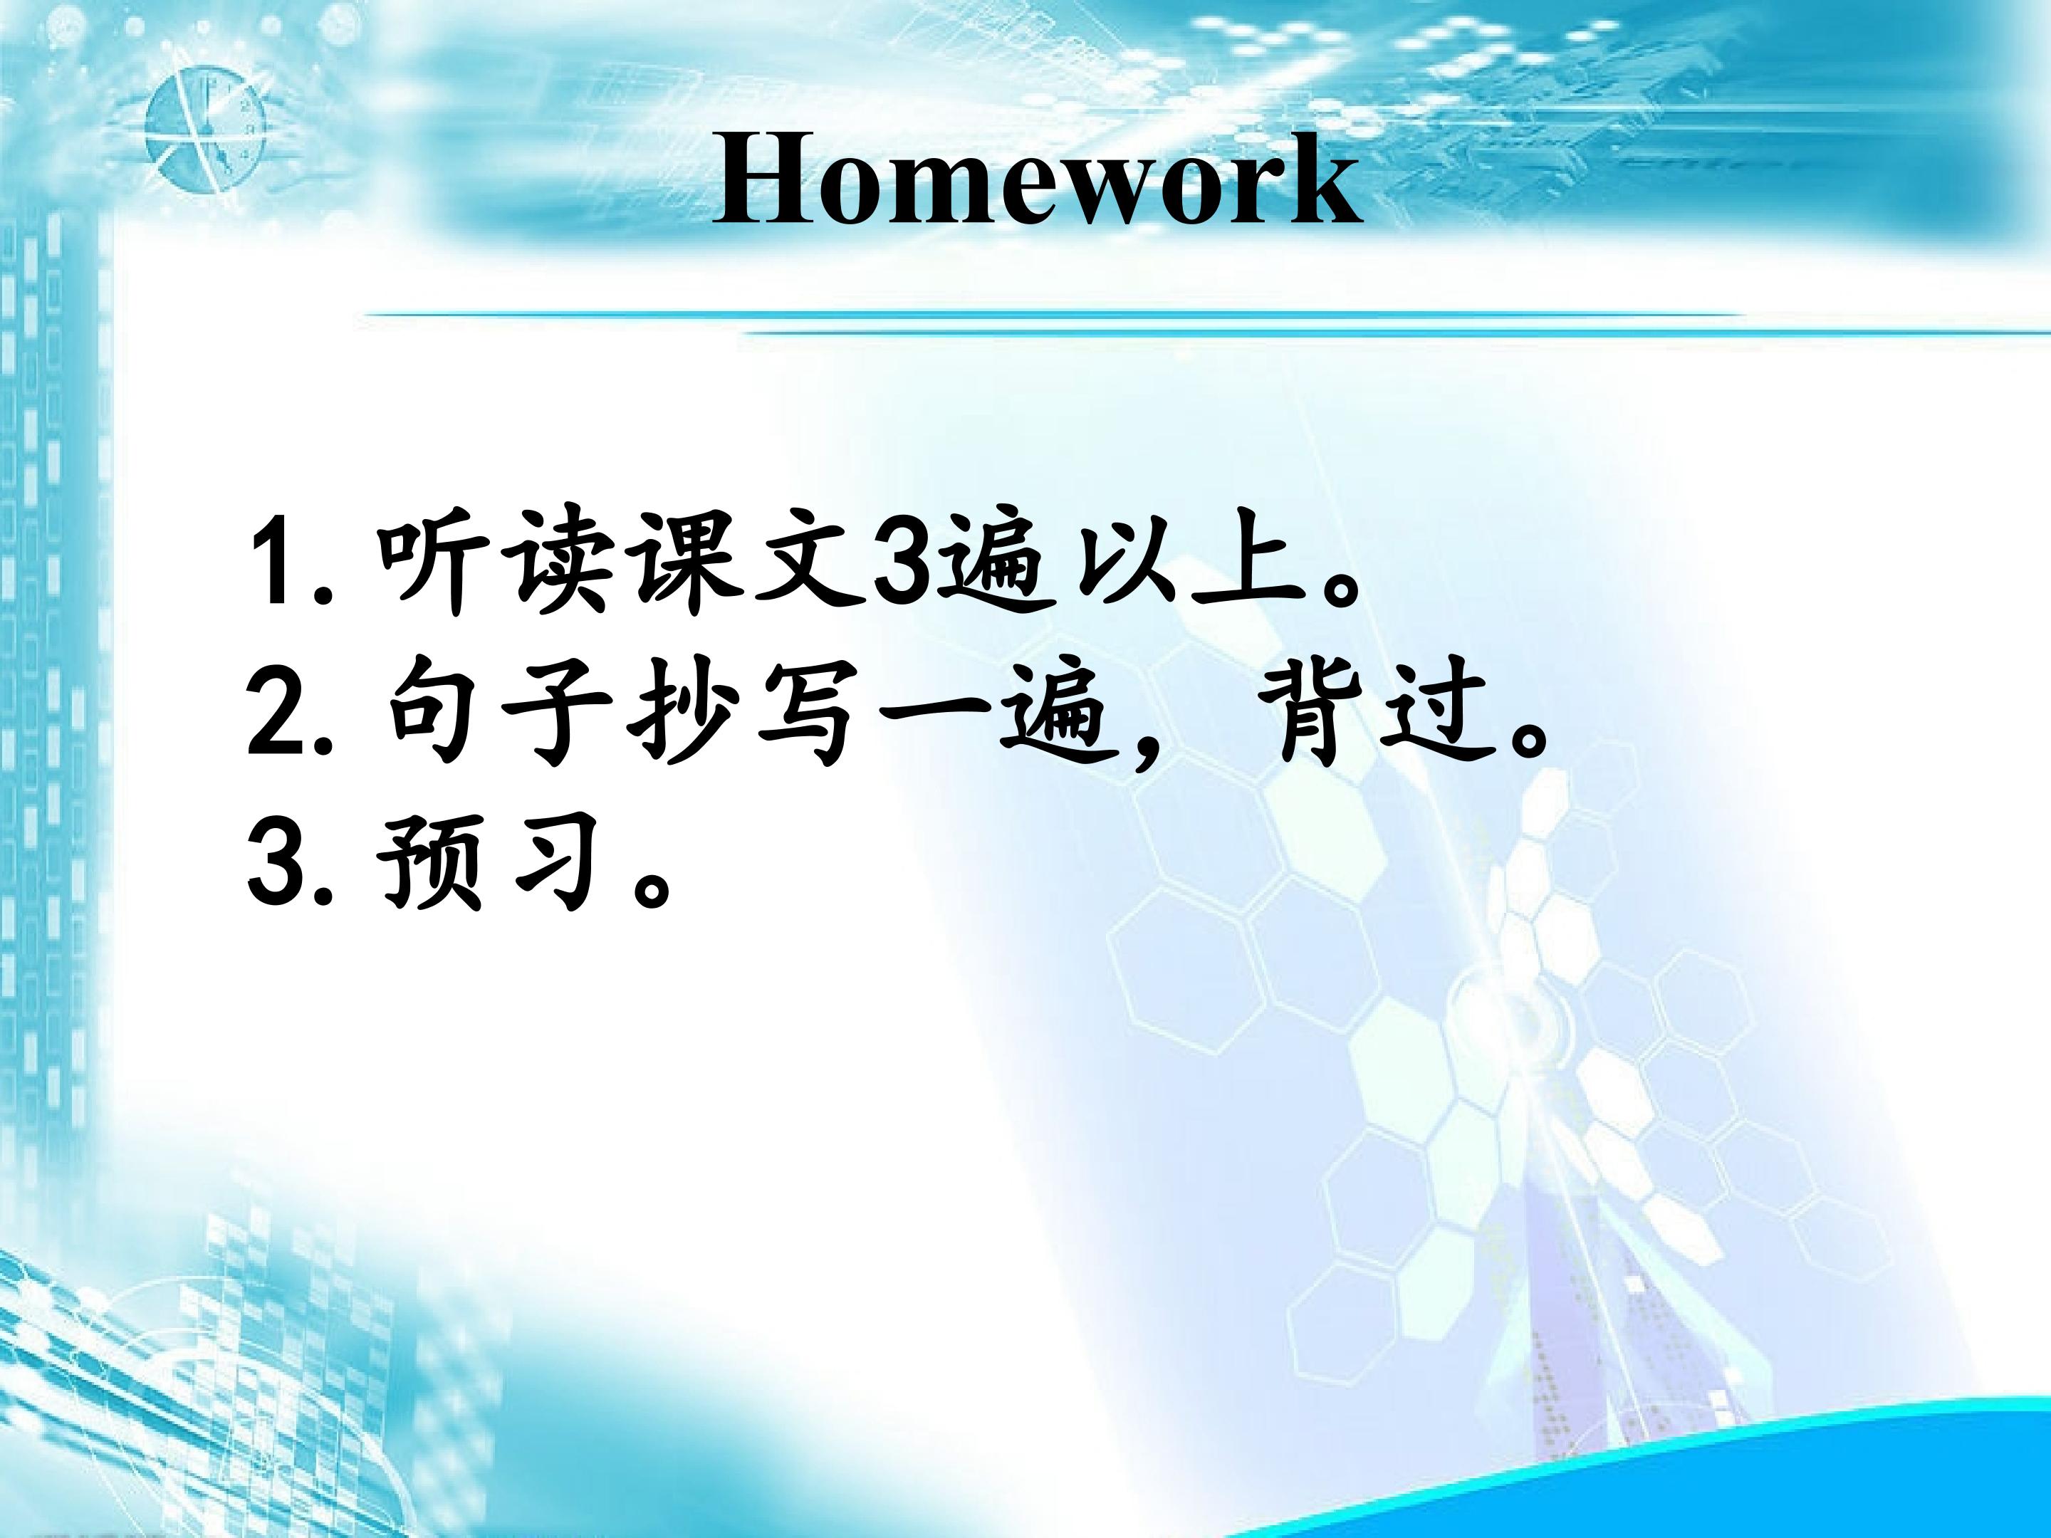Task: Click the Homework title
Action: (x=1037, y=181)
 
